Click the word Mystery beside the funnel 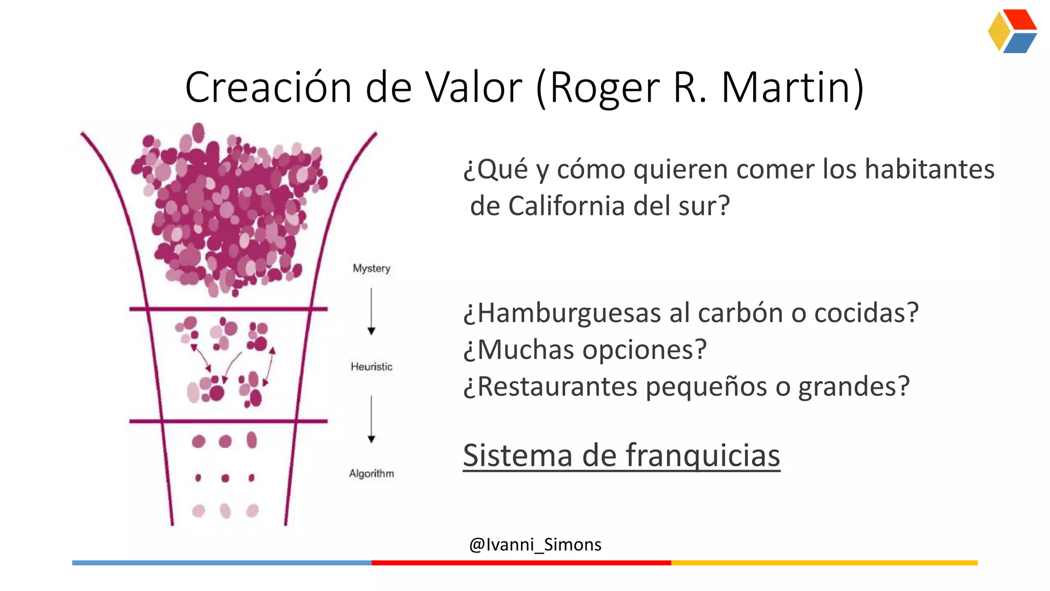click(371, 268)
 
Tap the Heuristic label click(371, 367)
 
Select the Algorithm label click(371, 474)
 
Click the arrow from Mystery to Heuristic click(371, 311)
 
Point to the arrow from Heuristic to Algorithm click(371, 419)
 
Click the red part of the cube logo click(1020, 19)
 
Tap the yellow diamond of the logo click(999, 31)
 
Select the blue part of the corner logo click(1019, 44)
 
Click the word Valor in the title click(474, 87)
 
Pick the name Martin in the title click(792, 87)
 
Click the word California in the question click(567, 206)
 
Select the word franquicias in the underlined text click(702, 456)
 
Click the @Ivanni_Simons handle click(535, 544)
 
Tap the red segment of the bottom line click(521, 563)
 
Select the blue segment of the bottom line click(221, 563)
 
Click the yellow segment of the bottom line click(824, 563)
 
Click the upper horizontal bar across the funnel click(228, 309)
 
